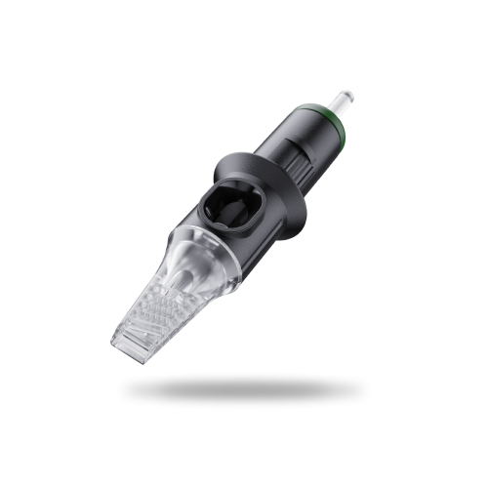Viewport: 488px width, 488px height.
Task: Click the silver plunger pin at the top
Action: (343, 102)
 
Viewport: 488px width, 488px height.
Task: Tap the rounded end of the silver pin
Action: (348, 96)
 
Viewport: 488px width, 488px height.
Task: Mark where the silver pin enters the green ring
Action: (336, 111)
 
